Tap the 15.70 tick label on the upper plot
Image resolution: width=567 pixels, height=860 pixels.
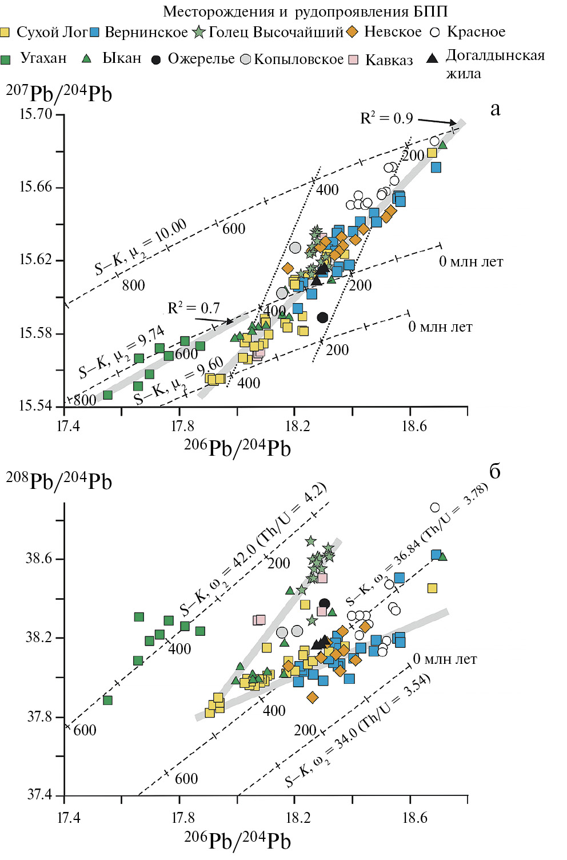tap(36, 114)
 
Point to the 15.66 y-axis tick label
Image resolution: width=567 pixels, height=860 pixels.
tap(36, 187)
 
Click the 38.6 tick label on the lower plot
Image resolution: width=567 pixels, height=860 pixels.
tap(39, 558)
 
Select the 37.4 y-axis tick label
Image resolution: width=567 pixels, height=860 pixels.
tap(39, 795)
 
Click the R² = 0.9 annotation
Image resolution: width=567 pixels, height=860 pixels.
tap(386, 118)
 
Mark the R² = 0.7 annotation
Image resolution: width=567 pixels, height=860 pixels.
tap(194, 308)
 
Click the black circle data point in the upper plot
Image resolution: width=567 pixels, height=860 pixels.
tap(323, 317)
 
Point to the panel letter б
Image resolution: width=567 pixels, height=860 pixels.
tap(495, 471)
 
